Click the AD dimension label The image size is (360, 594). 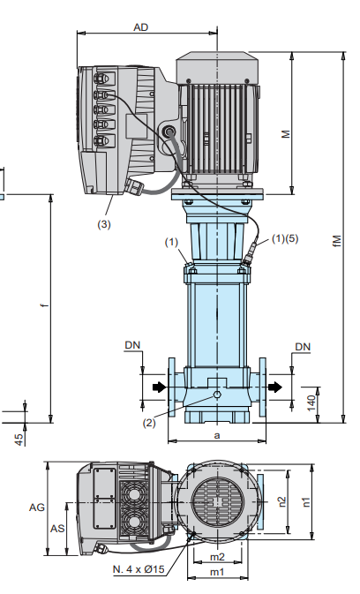[x=141, y=27]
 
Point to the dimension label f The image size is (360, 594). [x=45, y=305]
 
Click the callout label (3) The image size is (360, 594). [x=104, y=224]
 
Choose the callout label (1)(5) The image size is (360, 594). [x=285, y=238]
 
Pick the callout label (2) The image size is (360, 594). [x=149, y=423]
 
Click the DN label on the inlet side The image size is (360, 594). [x=132, y=345]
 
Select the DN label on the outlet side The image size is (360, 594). [x=303, y=347]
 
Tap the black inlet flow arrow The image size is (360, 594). [x=160, y=387]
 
